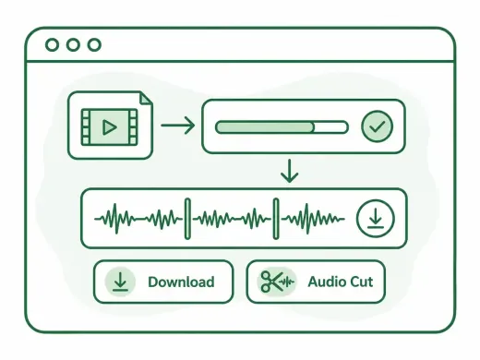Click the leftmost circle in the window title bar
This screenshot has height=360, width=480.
tap(52, 45)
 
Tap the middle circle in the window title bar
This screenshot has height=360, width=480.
tap(73, 45)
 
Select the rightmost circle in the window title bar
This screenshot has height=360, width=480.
tap(94, 45)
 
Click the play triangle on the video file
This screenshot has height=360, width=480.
tap(109, 127)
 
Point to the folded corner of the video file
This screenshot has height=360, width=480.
tap(146, 99)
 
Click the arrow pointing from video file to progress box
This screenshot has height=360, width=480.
tap(178, 126)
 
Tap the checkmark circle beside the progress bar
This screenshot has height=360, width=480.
tap(377, 126)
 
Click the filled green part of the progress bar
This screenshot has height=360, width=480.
tap(265, 127)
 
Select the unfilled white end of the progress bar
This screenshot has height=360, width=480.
tap(331, 127)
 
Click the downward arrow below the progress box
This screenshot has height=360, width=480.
tap(289, 171)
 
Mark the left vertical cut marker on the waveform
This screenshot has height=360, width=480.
tap(187, 219)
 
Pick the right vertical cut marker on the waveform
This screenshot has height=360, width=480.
tap(276, 219)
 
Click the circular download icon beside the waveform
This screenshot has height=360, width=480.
tap(375, 218)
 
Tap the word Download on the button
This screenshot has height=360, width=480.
tap(181, 282)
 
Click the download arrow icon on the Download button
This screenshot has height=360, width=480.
tap(120, 282)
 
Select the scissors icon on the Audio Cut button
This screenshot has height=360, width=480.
tap(271, 282)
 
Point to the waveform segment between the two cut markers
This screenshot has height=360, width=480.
tap(232, 219)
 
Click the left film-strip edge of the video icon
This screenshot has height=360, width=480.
tap(86, 127)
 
